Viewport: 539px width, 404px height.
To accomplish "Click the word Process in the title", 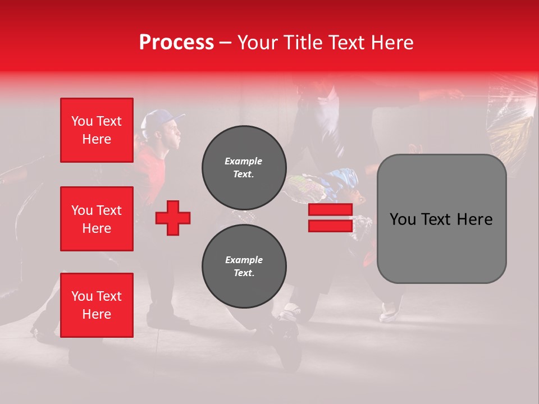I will click(x=176, y=42).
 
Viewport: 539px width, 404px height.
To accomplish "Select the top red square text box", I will click(x=97, y=130).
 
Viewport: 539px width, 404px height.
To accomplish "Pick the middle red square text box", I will click(x=97, y=219).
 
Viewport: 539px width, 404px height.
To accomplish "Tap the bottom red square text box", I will click(x=97, y=305).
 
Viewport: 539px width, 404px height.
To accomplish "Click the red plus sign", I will click(x=173, y=218).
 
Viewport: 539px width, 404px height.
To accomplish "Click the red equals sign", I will click(x=330, y=218).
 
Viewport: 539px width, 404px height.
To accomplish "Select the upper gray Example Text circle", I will click(x=244, y=168).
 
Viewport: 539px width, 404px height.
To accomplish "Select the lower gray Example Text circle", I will click(x=244, y=267).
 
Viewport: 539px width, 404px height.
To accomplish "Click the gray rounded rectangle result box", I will click(x=441, y=219).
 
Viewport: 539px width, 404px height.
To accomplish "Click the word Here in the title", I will click(x=392, y=42).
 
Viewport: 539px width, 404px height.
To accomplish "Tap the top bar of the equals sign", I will click(x=330, y=210).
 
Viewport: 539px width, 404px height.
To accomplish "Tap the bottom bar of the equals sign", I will click(x=330, y=226).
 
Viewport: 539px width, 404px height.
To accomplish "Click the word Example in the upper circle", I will click(x=244, y=162).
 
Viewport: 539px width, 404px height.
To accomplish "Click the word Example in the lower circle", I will click(x=244, y=260).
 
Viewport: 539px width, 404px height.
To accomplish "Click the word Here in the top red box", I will click(x=97, y=139).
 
